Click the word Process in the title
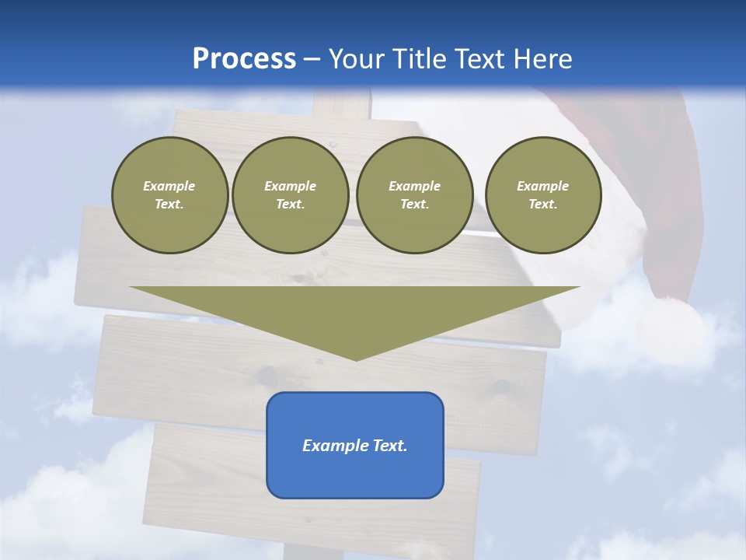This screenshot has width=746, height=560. (x=244, y=59)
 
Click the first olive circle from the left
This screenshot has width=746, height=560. (x=169, y=195)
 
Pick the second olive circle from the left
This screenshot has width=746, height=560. (x=291, y=195)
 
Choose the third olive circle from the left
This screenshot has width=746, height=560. (x=415, y=195)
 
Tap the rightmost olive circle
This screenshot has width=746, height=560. (x=543, y=195)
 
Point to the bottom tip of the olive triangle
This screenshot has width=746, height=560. (x=356, y=359)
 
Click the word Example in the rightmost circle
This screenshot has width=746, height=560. (x=542, y=186)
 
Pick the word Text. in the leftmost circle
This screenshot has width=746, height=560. (x=169, y=205)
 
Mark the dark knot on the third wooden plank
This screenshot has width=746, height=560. (x=501, y=386)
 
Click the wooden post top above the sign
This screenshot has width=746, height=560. (x=342, y=103)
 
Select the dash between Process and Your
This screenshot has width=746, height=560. (x=312, y=59)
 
